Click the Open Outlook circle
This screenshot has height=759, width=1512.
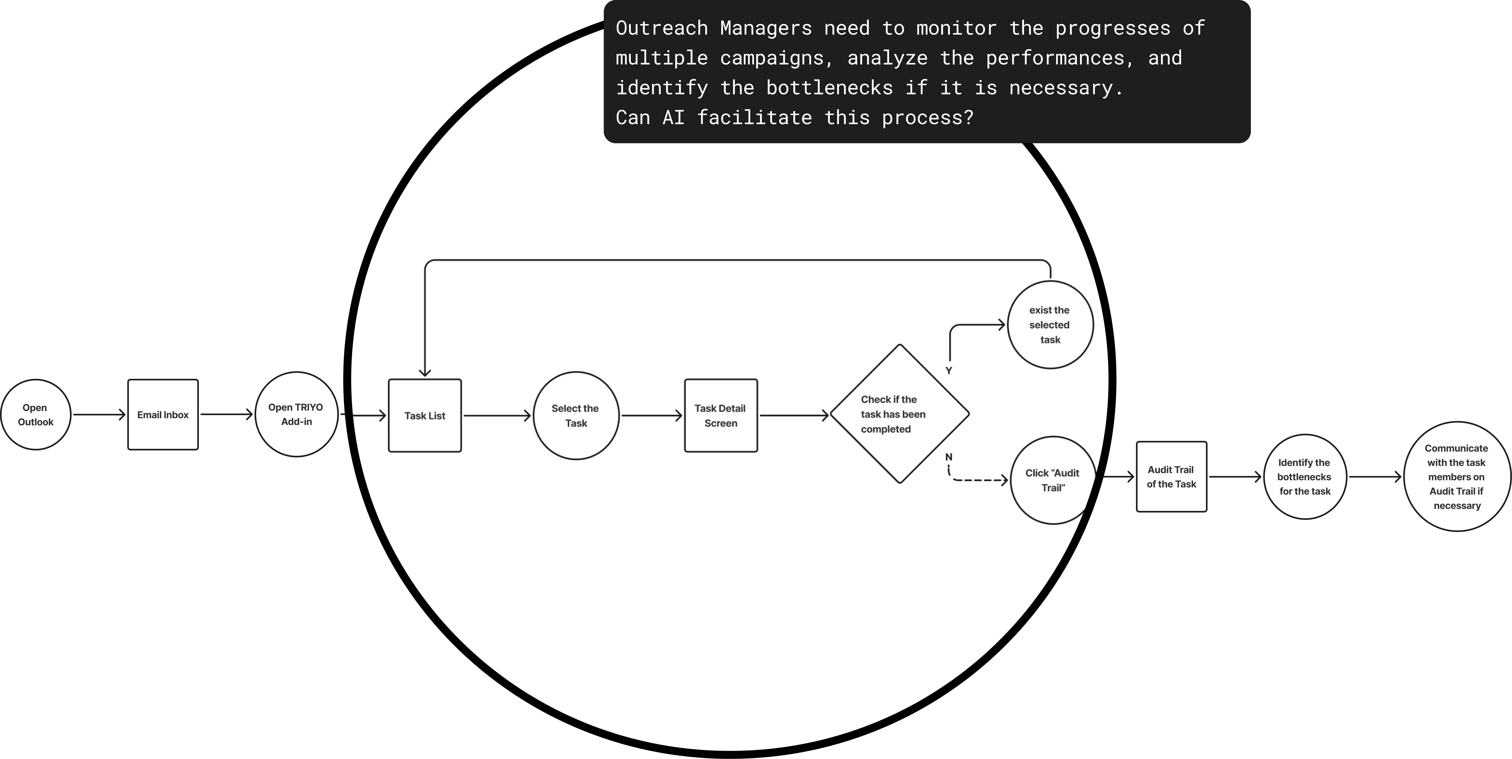coord(36,414)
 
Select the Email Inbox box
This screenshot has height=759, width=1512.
coord(163,414)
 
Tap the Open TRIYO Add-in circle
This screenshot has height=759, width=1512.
coord(296,414)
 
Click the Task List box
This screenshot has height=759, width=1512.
coord(425,416)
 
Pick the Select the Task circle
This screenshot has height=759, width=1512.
coord(576,416)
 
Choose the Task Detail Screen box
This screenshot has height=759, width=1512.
coord(721,416)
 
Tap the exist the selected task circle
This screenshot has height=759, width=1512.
coord(1050,325)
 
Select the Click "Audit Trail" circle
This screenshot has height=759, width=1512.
coord(1052,480)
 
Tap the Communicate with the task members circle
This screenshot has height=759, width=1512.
coord(1457,477)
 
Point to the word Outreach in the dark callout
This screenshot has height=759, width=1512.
coord(661,28)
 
